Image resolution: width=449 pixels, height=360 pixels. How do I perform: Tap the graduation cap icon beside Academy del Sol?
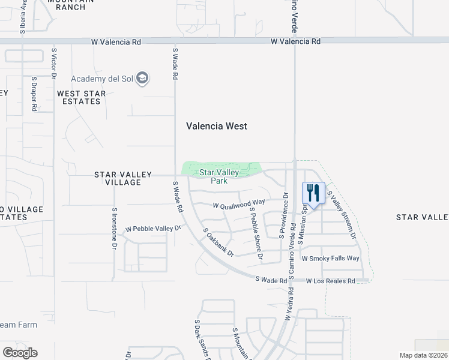[x=142, y=79]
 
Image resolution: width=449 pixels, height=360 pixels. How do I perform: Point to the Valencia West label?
[x=216, y=126]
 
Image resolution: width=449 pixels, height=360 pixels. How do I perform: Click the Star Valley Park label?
[x=219, y=176]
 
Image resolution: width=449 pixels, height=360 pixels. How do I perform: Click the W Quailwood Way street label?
[x=239, y=205]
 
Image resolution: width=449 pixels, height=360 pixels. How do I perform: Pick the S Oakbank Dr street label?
[x=218, y=242]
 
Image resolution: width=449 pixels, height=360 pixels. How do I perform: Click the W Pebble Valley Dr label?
[x=152, y=229]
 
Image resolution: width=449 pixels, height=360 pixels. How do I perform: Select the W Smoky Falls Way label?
[x=330, y=259]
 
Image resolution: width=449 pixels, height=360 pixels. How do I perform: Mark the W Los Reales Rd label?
[x=331, y=281]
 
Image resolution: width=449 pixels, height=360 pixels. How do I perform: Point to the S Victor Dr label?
[x=54, y=65]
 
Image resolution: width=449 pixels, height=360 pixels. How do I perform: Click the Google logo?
[x=20, y=353]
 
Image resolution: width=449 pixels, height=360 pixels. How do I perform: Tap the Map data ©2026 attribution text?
[x=423, y=355]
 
